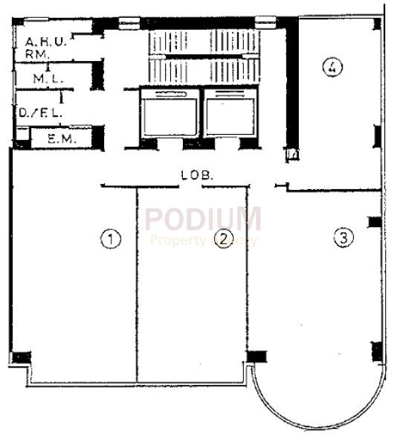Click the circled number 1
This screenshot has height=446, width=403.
(x=110, y=239)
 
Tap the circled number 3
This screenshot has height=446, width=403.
(x=342, y=238)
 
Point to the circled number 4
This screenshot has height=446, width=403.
(x=332, y=67)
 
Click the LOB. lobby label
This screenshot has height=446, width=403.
(x=197, y=176)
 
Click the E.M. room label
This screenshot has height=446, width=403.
(x=58, y=138)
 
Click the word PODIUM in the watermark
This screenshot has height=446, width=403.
(x=203, y=219)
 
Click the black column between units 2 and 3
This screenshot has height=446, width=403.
(x=257, y=355)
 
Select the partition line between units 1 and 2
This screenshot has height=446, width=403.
(x=137, y=283)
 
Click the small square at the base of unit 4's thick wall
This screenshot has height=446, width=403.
(x=292, y=156)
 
